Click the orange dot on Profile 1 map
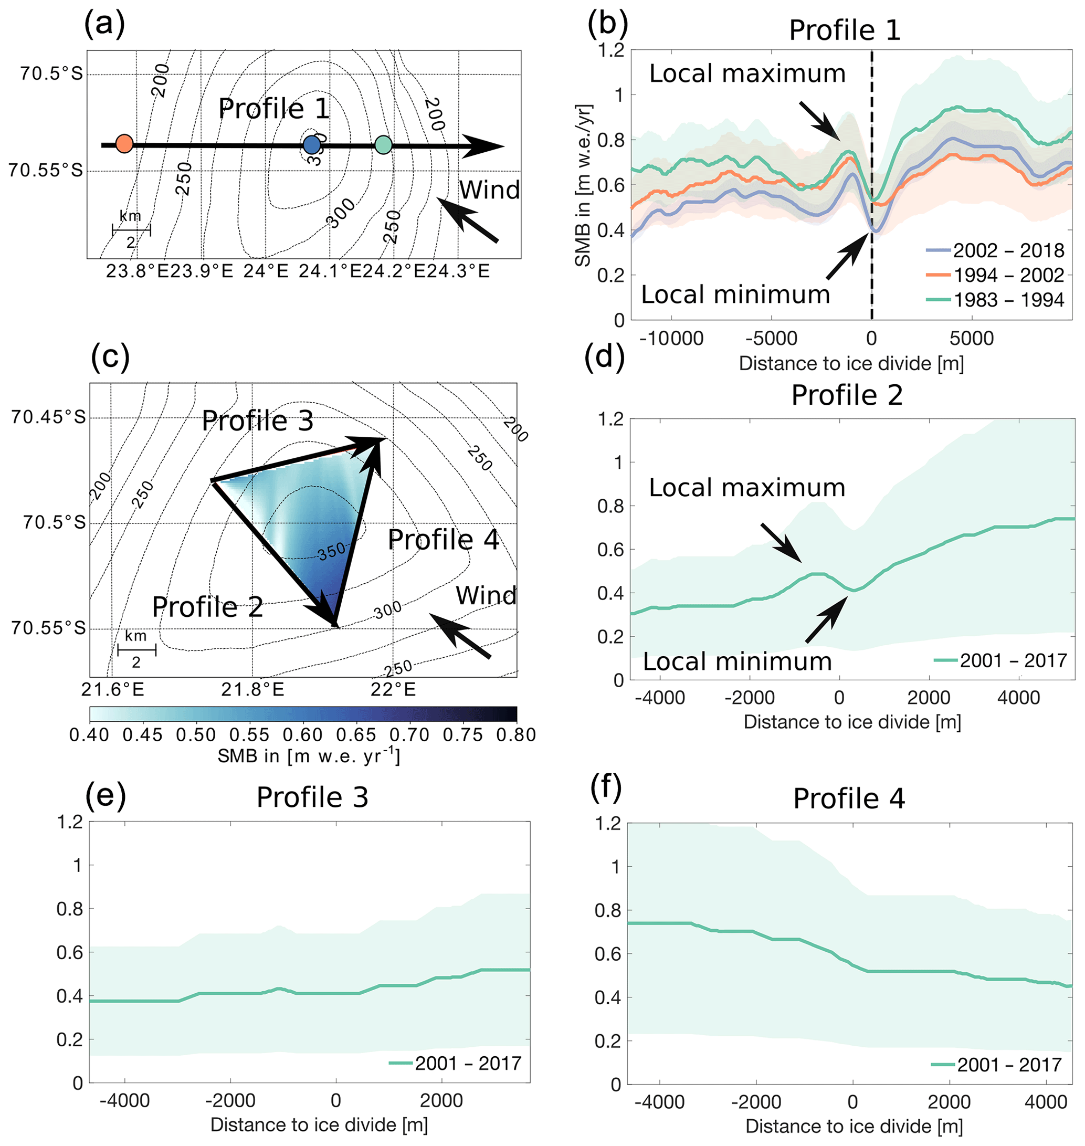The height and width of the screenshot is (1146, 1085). [124, 143]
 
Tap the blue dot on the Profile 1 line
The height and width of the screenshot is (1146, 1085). [312, 144]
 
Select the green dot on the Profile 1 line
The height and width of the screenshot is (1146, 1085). [384, 144]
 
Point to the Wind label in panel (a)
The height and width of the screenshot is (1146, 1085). [489, 190]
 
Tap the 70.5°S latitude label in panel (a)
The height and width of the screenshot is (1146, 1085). [51, 73]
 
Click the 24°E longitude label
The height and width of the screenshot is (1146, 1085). [266, 271]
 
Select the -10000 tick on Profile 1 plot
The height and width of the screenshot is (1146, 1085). [671, 339]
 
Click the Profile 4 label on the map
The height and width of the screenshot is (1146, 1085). [443, 540]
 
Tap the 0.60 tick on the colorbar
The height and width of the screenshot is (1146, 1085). [303, 735]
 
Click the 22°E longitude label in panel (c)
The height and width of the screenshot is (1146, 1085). [393, 690]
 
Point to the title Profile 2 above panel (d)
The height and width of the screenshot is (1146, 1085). [847, 396]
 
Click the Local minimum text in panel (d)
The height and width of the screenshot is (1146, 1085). [737, 661]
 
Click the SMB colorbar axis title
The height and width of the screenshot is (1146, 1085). [309, 756]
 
